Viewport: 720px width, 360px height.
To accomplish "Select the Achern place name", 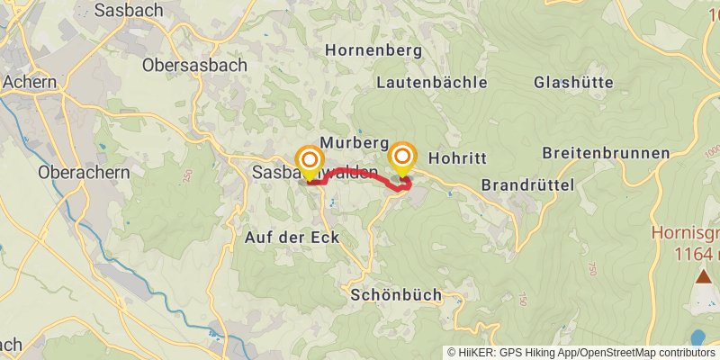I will click(29, 82).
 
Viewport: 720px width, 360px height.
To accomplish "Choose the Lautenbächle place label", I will click(432, 82).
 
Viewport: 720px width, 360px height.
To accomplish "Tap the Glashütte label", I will click(573, 82).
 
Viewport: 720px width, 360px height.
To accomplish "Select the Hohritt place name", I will click(457, 157).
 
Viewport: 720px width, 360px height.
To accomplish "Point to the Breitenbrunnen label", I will click(607, 153).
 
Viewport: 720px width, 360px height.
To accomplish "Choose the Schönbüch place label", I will click(396, 295).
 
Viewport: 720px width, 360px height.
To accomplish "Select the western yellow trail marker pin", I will click(309, 162).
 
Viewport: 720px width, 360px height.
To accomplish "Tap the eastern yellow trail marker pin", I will click(401, 158).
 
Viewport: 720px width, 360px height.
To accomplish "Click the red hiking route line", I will click(360, 173).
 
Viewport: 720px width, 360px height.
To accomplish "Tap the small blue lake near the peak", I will click(698, 338).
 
